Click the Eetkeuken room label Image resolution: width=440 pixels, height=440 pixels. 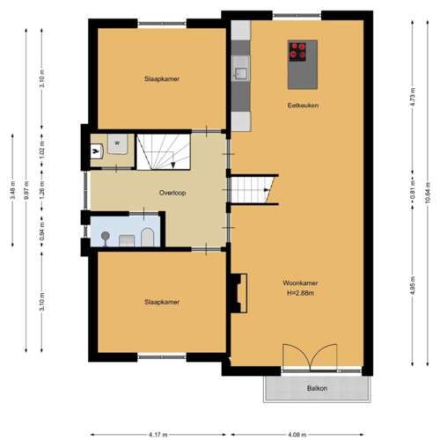303,106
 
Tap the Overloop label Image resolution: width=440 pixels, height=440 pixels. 172,192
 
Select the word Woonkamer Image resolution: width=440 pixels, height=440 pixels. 300,282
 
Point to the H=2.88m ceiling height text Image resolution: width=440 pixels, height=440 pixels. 300,293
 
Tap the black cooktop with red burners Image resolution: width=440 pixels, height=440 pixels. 298,50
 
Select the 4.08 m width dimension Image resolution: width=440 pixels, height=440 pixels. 298,434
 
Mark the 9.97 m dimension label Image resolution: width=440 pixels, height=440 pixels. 27,190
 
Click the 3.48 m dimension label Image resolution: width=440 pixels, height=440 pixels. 11,190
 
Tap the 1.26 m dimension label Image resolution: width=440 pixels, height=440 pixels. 42,190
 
